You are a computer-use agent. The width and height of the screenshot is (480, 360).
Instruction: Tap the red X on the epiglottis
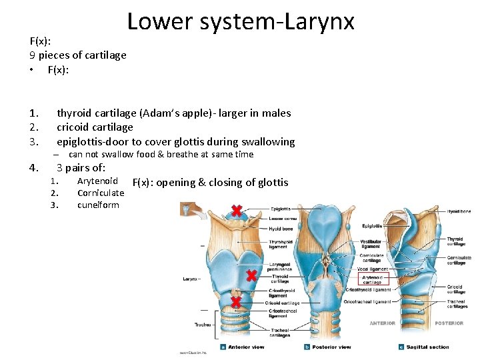[x=236, y=211]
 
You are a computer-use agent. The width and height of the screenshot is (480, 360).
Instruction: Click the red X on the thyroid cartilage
[x=251, y=275]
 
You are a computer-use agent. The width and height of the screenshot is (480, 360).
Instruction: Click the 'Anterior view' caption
[x=246, y=347]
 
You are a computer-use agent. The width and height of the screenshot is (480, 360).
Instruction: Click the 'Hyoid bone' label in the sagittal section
[x=459, y=211]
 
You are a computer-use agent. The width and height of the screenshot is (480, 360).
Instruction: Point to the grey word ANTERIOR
[x=383, y=323]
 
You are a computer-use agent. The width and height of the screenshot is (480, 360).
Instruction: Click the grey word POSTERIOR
[x=449, y=323]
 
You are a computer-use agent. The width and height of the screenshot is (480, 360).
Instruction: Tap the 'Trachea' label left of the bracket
[x=202, y=325]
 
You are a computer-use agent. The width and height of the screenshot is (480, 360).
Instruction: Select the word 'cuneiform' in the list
[x=98, y=205]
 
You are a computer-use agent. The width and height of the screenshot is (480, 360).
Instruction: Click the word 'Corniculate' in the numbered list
[x=101, y=193]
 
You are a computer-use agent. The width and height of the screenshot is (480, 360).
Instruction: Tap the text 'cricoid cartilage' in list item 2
[x=95, y=127]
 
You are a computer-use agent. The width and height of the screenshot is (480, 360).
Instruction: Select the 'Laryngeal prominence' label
[x=279, y=265]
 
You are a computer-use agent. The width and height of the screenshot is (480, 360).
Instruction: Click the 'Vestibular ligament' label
[x=371, y=245]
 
